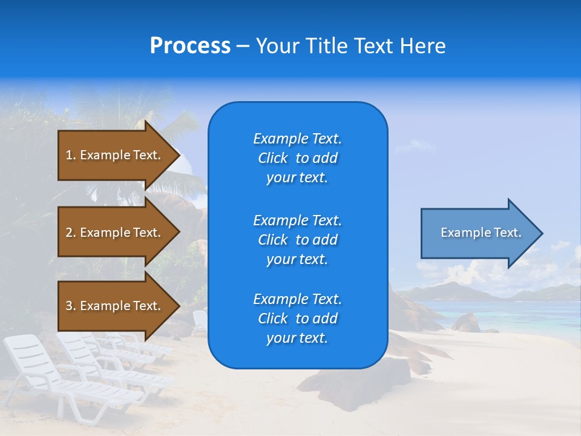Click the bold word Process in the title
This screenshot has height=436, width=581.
(x=190, y=46)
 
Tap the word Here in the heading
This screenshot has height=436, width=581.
(x=421, y=46)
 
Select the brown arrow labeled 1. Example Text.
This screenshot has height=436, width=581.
(x=115, y=155)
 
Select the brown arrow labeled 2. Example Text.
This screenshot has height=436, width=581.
(x=115, y=233)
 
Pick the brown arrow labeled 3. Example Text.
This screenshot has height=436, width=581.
(x=115, y=306)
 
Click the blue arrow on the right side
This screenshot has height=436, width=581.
(x=478, y=233)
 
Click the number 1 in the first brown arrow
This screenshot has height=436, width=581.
(x=69, y=156)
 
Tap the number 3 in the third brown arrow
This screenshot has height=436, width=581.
(x=69, y=306)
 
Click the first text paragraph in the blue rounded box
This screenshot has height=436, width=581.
(x=297, y=158)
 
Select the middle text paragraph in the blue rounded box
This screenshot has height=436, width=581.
(x=297, y=240)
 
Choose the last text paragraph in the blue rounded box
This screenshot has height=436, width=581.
(x=297, y=319)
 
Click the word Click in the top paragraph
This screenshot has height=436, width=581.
(x=273, y=159)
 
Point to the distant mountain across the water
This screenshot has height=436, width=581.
(x=448, y=291)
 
